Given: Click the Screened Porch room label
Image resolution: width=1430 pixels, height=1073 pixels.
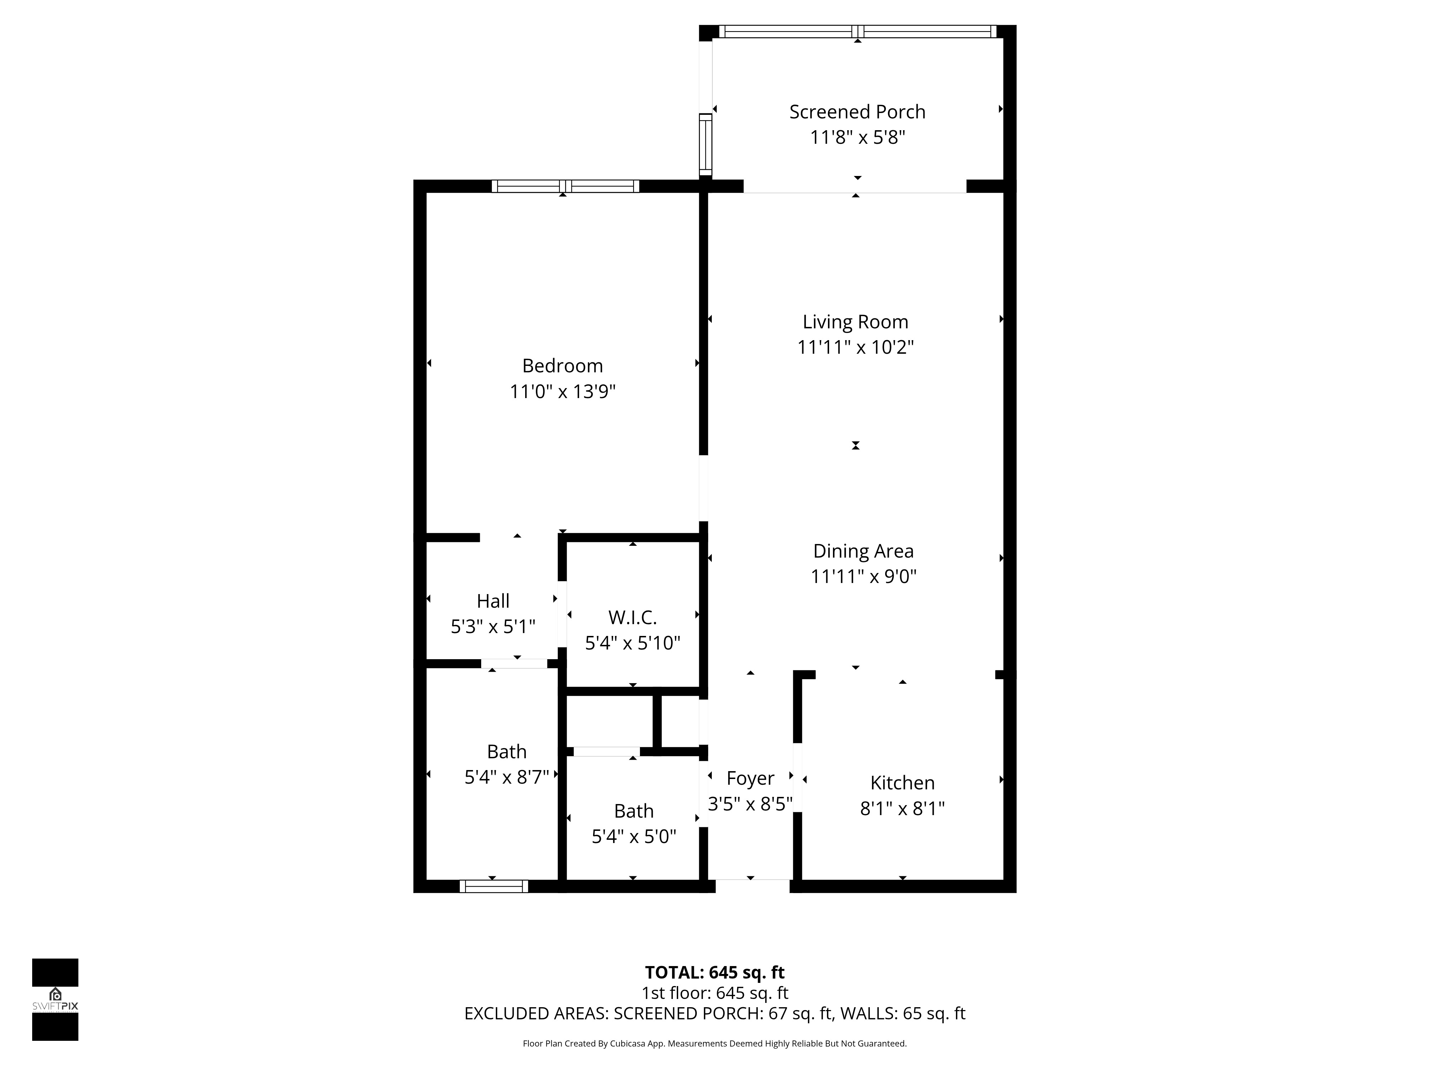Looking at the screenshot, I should (x=857, y=112).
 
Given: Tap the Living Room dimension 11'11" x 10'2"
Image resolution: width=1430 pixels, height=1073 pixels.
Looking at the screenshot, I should (x=855, y=347).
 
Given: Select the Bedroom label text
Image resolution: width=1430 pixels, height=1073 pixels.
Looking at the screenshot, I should (x=562, y=366).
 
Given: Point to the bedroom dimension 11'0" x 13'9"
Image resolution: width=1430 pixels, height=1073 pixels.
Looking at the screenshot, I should (x=562, y=392).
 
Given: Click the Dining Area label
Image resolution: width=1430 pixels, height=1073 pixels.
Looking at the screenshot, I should (x=863, y=551).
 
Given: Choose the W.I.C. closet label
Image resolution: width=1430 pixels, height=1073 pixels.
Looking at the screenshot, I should (x=632, y=618).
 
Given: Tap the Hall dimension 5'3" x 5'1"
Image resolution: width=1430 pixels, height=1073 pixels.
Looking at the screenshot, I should (x=493, y=627).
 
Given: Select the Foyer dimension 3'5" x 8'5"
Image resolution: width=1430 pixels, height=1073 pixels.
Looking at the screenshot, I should (x=750, y=804).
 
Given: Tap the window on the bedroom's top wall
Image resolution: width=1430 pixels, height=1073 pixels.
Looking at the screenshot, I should (x=565, y=186).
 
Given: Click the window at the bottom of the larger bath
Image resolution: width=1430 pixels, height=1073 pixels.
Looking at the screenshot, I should (x=493, y=886).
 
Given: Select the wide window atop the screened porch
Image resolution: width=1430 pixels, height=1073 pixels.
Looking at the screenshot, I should (x=857, y=31).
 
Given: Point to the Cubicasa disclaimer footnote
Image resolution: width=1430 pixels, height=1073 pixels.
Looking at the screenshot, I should (x=714, y=1043).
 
